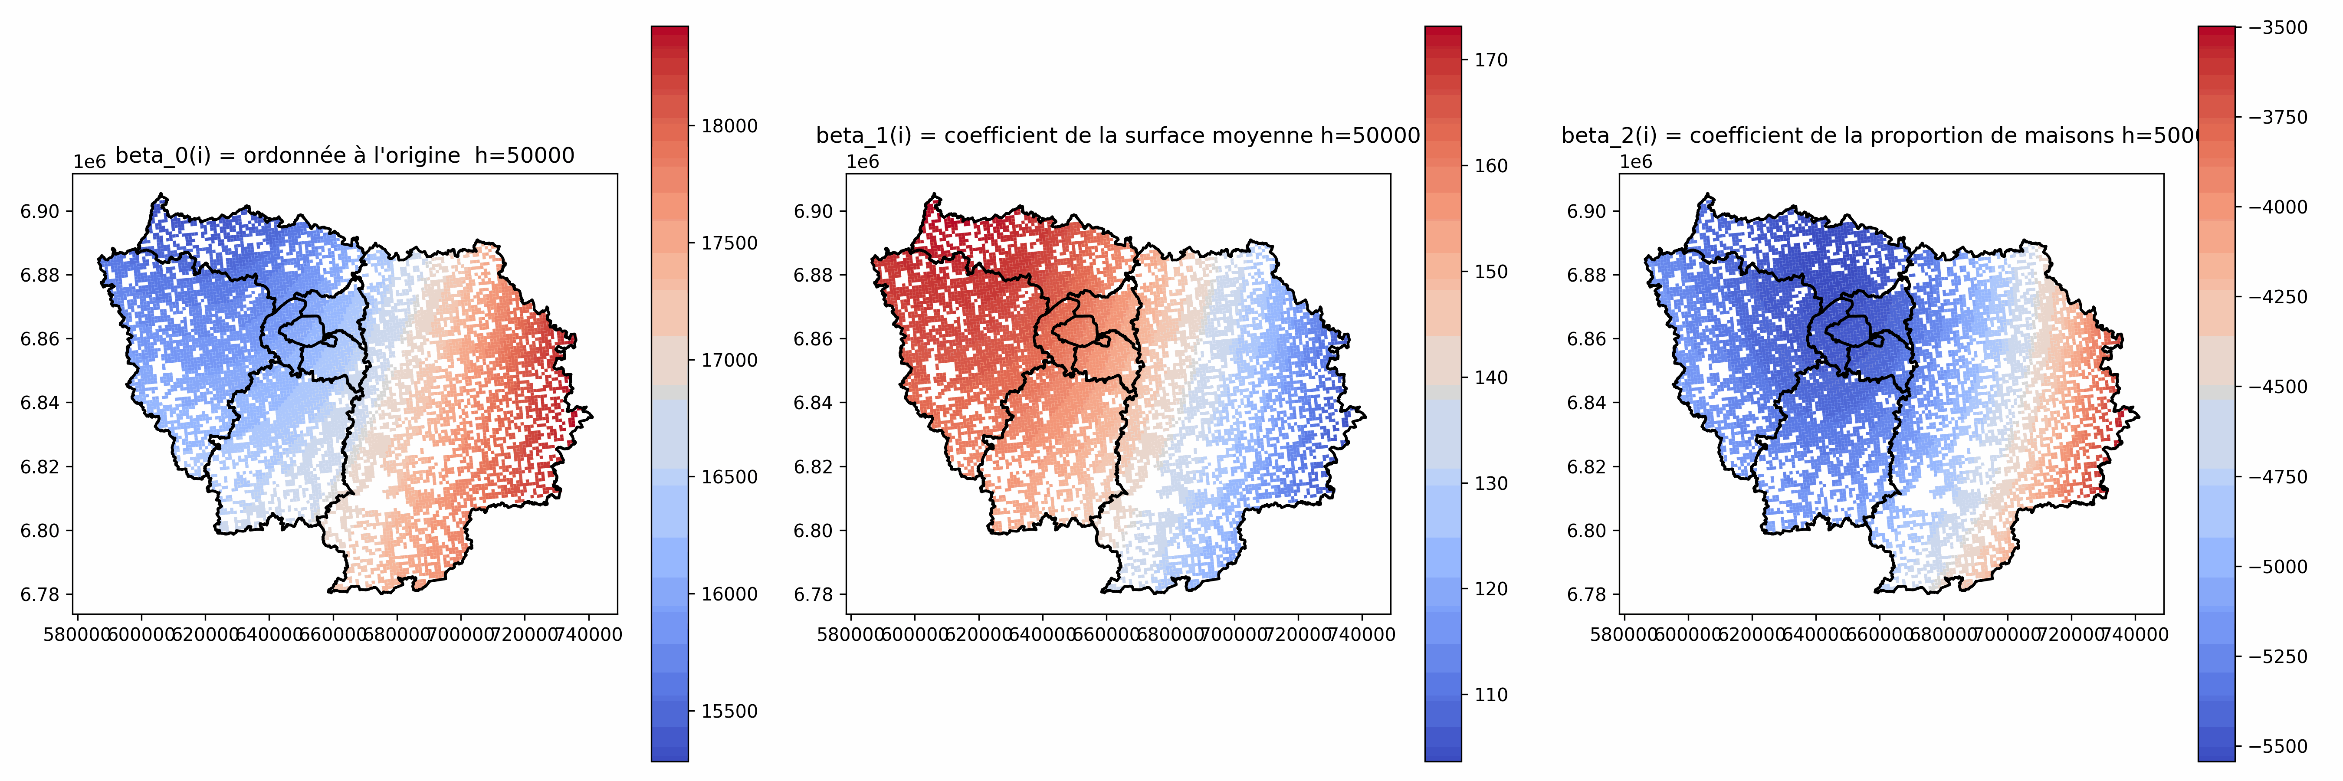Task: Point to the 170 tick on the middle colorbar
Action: click(x=1491, y=60)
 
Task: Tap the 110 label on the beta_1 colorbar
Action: click(x=1491, y=695)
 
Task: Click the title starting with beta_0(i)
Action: click(x=345, y=155)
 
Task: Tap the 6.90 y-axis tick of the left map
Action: click(x=40, y=211)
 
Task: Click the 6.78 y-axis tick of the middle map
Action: click(x=813, y=594)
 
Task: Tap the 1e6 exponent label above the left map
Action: click(x=89, y=162)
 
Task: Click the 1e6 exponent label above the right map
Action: click(x=1635, y=162)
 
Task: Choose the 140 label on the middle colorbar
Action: click(x=1491, y=377)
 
